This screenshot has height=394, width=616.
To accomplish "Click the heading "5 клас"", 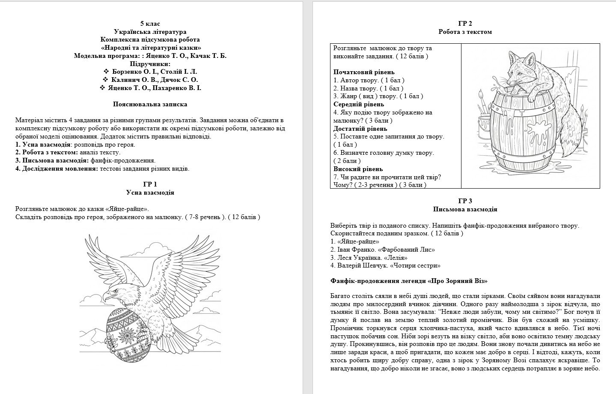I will [150, 24].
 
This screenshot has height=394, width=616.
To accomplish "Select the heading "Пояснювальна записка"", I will [150, 104].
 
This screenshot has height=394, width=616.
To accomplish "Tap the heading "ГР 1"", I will [150, 184].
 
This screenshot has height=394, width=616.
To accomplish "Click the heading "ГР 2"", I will [465, 24].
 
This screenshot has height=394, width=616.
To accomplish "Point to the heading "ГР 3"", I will [465, 201].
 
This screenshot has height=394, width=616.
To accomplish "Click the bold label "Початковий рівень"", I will [364, 72].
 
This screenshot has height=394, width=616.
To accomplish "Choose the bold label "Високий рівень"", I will [358, 169].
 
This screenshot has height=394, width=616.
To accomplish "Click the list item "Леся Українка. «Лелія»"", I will [369, 258].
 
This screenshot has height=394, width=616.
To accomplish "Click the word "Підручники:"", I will [150, 64].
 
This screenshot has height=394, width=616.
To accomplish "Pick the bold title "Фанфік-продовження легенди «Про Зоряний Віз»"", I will [409, 281].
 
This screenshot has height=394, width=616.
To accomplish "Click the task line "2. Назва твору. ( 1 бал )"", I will [368, 88].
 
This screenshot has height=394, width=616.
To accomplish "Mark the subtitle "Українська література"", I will [150, 32].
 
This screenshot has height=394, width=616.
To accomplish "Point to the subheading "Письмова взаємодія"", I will [465, 209].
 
